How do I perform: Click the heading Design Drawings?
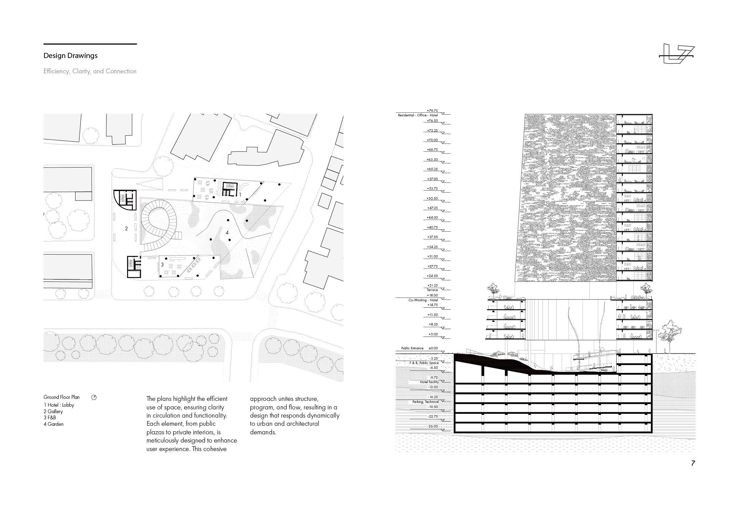[70, 56]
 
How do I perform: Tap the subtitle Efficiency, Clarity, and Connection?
[90, 71]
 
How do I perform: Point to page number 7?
[693, 463]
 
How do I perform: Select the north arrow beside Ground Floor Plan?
[94, 397]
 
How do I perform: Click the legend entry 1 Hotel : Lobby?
[59, 405]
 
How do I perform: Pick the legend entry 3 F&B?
[50, 418]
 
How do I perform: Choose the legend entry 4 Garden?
[54, 424]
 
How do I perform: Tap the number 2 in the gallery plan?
[126, 229]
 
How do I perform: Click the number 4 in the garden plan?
[227, 233]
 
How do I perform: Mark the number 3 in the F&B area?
[162, 264]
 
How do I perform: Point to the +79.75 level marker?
[432, 111]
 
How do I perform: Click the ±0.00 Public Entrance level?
[433, 348]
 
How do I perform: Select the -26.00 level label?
[432, 426]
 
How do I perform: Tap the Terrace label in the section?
[432, 290]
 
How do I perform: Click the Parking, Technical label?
[425, 402]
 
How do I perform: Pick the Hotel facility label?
[429, 382]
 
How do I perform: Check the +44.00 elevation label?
[432, 218]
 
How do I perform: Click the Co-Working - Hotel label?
[423, 300]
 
